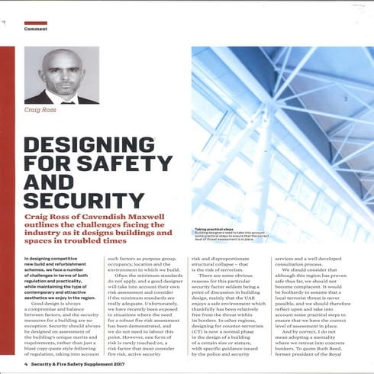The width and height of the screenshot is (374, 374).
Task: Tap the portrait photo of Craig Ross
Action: point(60,76)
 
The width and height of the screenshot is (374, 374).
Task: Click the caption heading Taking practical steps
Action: point(218,229)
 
